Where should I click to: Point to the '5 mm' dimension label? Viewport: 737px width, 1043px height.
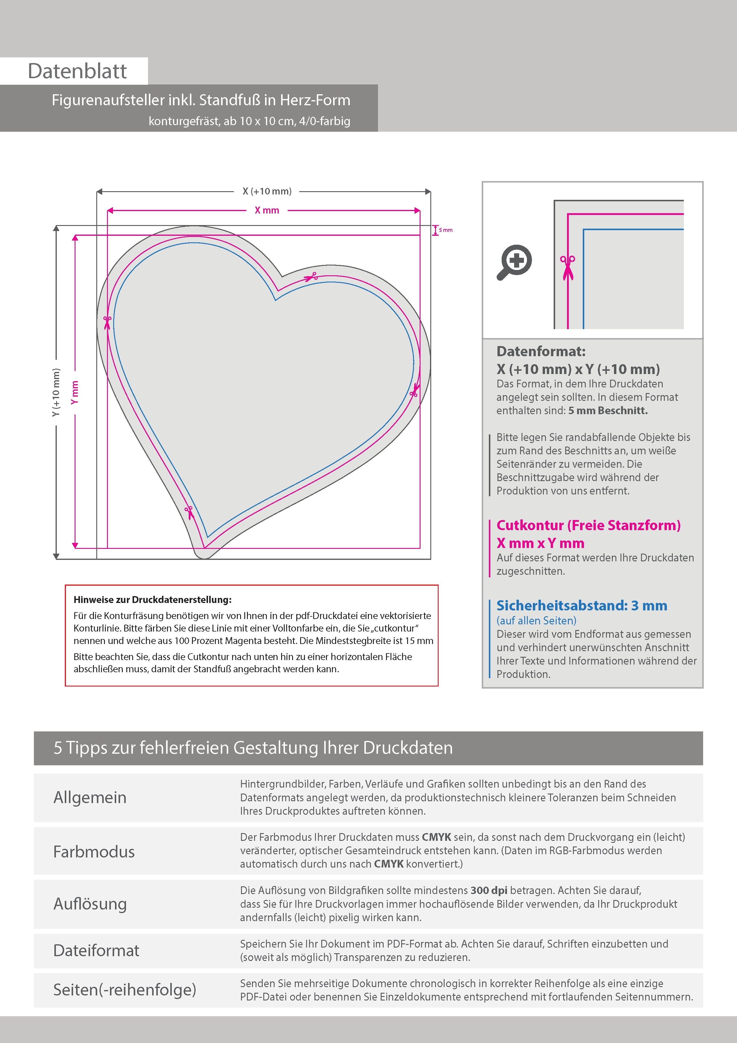click(x=445, y=230)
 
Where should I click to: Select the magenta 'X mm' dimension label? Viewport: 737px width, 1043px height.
click(x=267, y=210)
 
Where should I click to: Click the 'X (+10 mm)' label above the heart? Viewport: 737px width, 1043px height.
click(x=267, y=191)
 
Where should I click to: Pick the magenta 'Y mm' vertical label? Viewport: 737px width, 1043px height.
click(x=75, y=392)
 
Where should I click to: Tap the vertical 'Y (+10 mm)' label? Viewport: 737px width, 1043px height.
click(x=56, y=392)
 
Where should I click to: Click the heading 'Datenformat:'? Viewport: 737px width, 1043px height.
click(x=541, y=351)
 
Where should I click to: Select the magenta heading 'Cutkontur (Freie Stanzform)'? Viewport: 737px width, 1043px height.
click(x=588, y=525)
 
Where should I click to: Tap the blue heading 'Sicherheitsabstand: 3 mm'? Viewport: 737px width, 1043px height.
click(x=582, y=606)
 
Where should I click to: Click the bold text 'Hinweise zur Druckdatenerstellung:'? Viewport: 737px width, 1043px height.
click(x=152, y=600)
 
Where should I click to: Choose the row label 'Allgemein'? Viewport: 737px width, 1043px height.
click(x=90, y=797)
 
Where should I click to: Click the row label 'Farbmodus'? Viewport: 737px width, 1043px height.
click(x=94, y=851)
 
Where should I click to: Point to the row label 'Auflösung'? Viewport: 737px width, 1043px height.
click(x=90, y=904)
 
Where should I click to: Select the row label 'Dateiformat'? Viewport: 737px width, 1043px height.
click(x=96, y=950)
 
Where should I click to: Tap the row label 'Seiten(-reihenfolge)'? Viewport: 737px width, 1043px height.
click(x=125, y=989)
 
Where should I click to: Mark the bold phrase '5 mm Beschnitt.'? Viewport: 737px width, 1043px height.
click(x=608, y=411)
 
